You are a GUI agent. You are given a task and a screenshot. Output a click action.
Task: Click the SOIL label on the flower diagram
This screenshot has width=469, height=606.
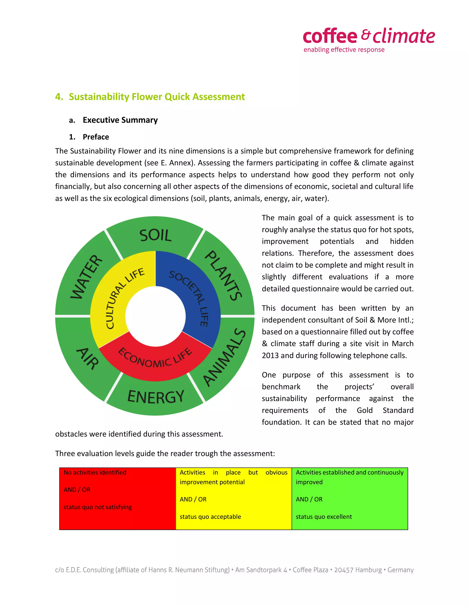tap(155, 235)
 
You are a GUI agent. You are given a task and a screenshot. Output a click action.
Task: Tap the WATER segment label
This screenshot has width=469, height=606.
tap(86, 277)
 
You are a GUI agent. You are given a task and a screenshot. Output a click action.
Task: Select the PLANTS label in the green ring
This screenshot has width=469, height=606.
tap(223, 276)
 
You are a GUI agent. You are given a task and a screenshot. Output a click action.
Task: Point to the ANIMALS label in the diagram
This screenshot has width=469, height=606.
tap(224, 357)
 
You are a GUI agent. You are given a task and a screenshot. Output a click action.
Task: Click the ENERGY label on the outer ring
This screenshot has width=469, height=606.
tap(155, 397)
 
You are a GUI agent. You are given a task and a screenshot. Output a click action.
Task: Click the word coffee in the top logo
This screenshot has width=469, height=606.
tap(330, 36)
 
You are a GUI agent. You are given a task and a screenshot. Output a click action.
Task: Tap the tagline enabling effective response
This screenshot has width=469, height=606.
tap(344, 50)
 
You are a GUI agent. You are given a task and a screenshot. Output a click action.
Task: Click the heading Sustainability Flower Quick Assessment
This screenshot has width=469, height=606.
tap(157, 97)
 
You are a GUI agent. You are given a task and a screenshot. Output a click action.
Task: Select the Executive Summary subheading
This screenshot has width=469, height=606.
tap(120, 120)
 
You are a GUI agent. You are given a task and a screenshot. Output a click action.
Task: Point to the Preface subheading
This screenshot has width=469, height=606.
tap(95, 137)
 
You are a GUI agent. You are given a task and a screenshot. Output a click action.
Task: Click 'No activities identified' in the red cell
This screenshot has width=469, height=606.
tap(95, 472)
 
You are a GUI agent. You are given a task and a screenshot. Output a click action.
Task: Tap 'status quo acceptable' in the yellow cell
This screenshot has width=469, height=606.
tap(210, 517)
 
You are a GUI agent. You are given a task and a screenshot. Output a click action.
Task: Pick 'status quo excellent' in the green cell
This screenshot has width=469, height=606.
tap(324, 517)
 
